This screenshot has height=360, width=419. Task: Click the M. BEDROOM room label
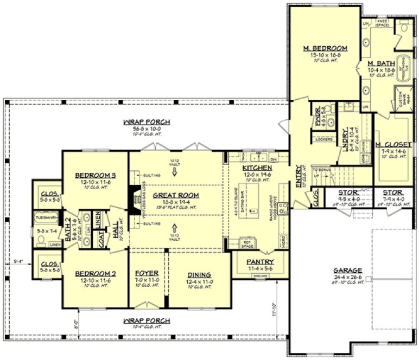325,48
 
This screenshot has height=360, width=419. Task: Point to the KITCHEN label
257,169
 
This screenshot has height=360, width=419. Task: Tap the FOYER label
147,274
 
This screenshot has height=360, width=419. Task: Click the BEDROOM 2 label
96,274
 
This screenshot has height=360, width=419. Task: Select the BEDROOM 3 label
96,175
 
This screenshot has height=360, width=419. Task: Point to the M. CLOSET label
391,144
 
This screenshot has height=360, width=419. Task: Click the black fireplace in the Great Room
131,198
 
